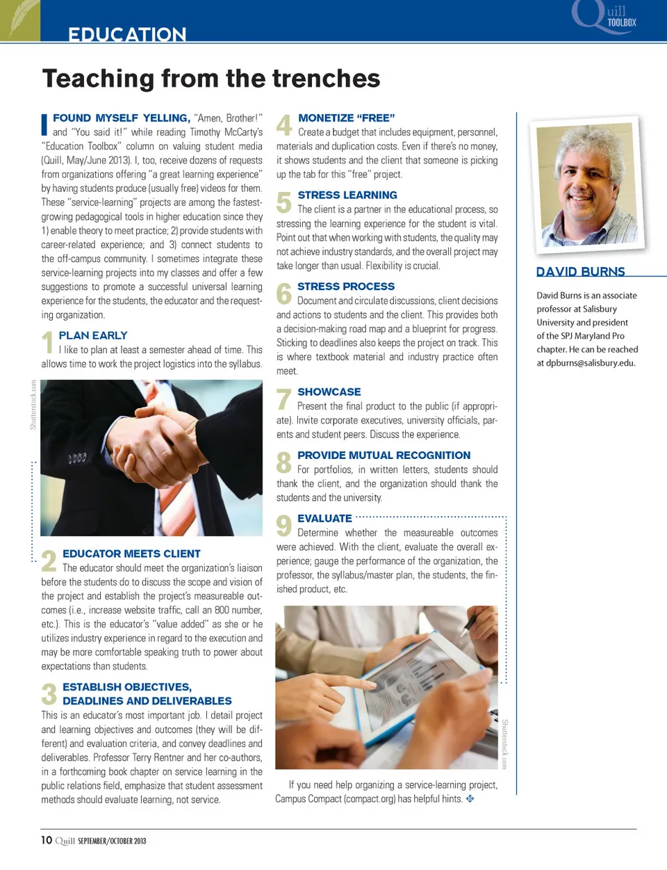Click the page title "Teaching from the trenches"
point(211,79)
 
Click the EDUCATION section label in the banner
point(127,34)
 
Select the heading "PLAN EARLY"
point(93,335)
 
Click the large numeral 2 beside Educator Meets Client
point(49,561)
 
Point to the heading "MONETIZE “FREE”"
point(346,118)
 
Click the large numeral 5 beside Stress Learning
point(283,202)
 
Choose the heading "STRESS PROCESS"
point(345,287)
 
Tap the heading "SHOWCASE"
point(329,392)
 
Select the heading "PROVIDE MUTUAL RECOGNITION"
point(384,456)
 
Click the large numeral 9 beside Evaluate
point(283,526)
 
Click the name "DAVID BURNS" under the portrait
point(580,271)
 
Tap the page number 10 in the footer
point(47,840)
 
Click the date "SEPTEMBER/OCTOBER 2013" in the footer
point(112,841)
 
